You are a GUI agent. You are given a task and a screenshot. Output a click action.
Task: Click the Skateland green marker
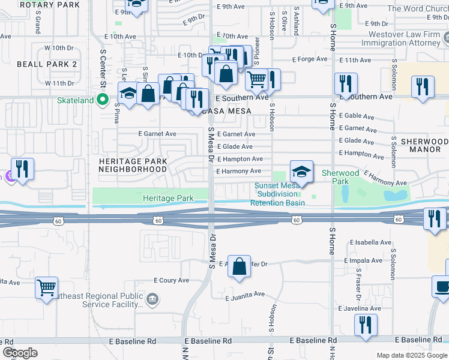point(103,100)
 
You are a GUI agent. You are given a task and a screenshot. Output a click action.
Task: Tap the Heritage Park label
point(168,198)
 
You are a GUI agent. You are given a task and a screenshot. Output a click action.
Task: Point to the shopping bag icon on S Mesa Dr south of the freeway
point(239,267)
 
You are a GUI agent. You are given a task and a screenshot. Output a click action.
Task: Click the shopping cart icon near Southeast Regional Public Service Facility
point(46,287)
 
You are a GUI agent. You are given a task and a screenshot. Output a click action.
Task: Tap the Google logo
point(19,353)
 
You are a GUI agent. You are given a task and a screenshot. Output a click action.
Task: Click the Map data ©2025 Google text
point(411,355)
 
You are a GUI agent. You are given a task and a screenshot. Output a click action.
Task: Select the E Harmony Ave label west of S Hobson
point(239,172)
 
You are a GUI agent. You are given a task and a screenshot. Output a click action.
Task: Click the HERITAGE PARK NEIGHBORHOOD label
point(133,166)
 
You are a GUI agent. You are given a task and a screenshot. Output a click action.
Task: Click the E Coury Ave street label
point(172,280)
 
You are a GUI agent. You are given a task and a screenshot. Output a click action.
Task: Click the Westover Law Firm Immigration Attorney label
point(401,38)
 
